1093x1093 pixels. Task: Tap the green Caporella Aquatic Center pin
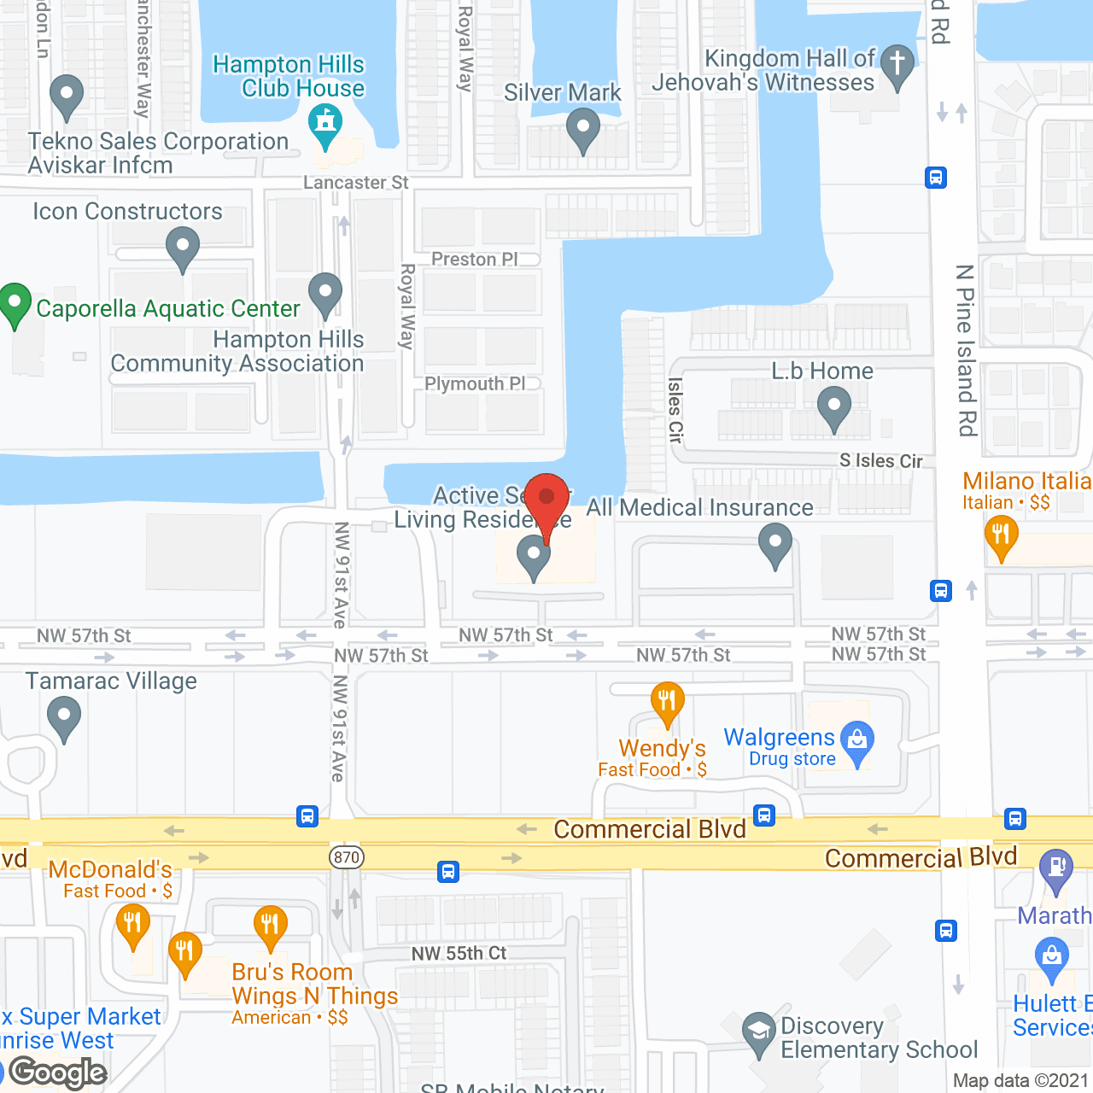(x=15, y=303)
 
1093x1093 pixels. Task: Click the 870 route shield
(x=347, y=857)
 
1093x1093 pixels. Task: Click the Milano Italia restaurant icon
(x=1001, y=536)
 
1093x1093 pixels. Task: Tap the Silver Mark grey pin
(x=583, y=131)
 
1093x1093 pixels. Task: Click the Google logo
(x=58, y=1073)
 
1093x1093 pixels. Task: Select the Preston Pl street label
(x=475, y=259)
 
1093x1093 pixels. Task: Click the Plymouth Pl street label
(x=475, y=383)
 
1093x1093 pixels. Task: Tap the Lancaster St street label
(x=356, y=183)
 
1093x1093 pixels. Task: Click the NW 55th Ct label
(x=459, y=953)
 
